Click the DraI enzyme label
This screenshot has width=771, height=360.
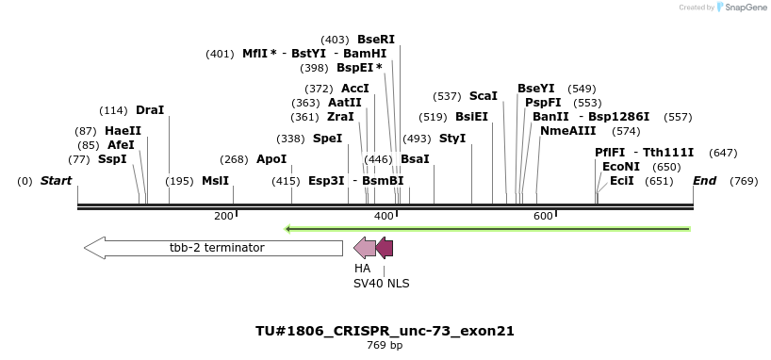150,110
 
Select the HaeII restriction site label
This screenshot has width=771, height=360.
123,131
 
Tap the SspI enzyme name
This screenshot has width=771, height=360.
112,159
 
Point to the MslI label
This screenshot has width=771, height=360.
215,181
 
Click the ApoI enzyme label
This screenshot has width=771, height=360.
271,159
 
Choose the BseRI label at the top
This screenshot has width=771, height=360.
375,40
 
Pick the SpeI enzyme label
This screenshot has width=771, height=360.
327,139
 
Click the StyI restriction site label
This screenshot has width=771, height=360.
452,139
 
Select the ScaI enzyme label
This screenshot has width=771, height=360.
483,96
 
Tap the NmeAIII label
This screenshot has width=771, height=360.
567,131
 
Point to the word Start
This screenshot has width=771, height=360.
56,181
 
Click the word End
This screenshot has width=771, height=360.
704,181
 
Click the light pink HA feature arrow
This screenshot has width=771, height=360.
364,248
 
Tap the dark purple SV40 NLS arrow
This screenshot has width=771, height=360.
385,248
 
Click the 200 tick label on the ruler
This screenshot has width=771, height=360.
223,217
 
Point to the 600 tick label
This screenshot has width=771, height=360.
543,217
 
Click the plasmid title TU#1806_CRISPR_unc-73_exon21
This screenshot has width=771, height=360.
385,331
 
